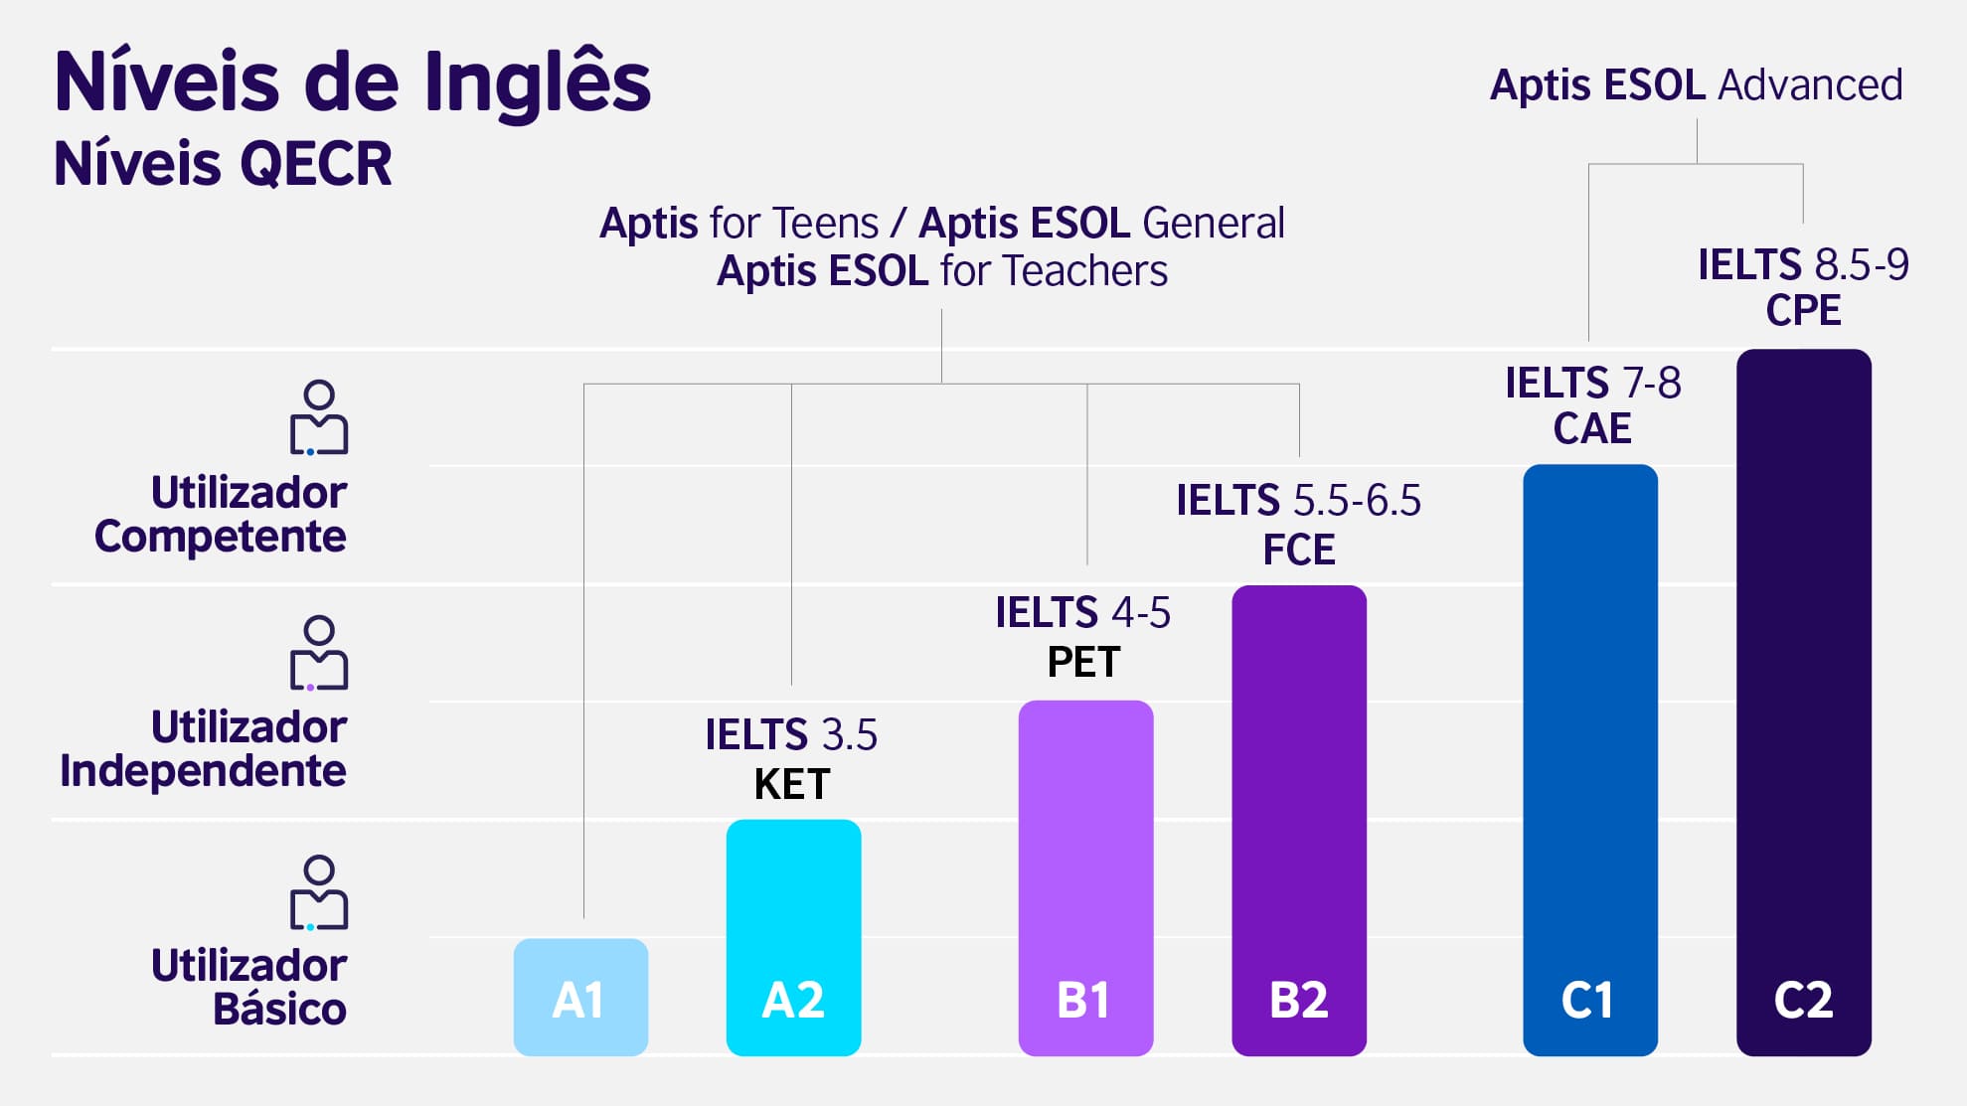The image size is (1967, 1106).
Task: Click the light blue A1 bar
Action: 580,997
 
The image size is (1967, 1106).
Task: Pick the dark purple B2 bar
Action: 1298,820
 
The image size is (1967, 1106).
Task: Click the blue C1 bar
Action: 1589,759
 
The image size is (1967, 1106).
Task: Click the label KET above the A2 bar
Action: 792,784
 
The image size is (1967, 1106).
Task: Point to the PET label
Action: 1083,662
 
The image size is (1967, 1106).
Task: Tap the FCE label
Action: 1298,550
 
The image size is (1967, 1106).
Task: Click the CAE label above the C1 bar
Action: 1591,428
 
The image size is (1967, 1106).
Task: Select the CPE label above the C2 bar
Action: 1803,310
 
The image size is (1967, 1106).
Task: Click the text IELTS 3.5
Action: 791,735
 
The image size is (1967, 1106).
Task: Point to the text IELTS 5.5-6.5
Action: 1298,501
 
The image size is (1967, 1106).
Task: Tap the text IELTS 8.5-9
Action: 1803,264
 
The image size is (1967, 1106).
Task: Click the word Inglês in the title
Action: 537,83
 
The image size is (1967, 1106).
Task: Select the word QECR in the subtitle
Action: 316,164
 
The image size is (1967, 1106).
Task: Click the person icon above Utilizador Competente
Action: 318,417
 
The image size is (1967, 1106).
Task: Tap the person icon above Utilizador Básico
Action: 318,891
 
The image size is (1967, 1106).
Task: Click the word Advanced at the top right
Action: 1810,85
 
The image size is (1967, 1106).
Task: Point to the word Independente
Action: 203,771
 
